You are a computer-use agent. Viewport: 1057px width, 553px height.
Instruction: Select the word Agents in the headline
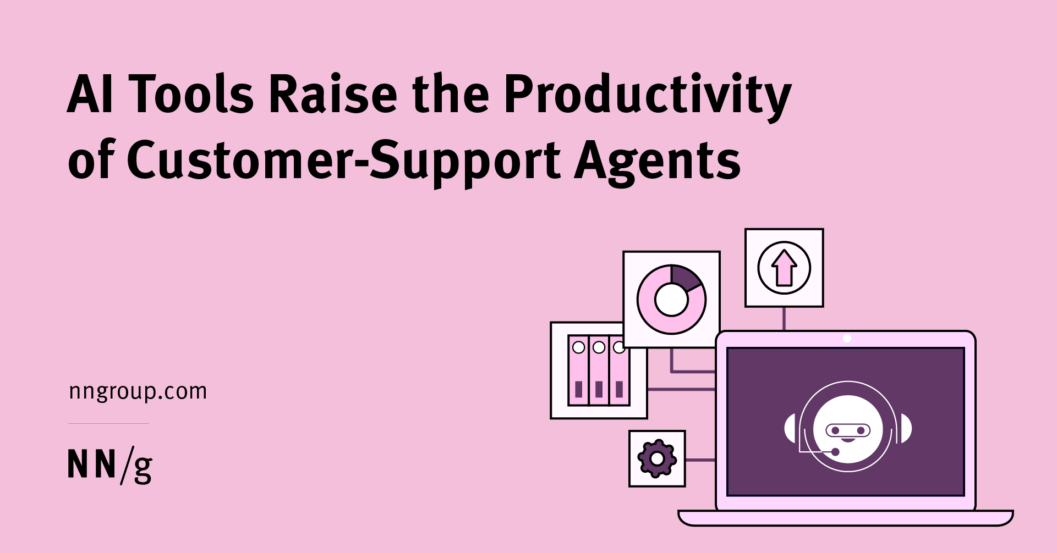658,161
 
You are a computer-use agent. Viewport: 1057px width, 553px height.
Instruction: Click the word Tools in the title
191,95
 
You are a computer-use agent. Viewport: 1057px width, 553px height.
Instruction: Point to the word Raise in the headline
333,95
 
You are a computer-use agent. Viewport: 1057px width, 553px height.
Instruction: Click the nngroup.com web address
138,391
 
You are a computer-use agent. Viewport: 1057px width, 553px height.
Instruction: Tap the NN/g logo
109,466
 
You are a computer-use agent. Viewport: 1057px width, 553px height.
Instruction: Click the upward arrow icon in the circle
784,268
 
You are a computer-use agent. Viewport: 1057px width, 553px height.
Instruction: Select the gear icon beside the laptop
656,458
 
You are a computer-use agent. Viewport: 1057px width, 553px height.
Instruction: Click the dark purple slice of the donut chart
684,276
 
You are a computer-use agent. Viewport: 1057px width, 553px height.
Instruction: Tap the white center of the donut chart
671,300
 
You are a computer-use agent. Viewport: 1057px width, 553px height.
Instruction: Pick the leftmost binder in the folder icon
578,371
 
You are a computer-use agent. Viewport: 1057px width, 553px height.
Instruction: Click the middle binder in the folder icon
599,371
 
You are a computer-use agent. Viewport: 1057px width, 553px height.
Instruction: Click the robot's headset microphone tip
835,452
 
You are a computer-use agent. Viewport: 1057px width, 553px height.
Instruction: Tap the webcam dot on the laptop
847,339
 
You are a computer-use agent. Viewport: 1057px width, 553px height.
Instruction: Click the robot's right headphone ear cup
906,429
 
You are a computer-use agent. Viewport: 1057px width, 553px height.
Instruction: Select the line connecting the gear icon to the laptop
700,460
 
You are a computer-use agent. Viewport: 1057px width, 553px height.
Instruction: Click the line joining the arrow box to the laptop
784,319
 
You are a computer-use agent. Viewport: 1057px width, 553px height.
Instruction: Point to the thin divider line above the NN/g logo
108,423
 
